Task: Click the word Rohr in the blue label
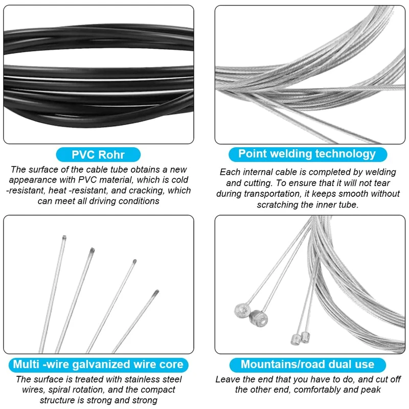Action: pyautogui.click(x=110, y=154)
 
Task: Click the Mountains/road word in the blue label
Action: pyautogui.click(x=280, y=365)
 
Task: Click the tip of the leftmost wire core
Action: pyautogui.click(x=64, y=237)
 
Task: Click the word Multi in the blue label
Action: pyautogui.click(x=25, y=365)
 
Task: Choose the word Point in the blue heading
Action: pyautogui.click(x=253, y=154)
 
